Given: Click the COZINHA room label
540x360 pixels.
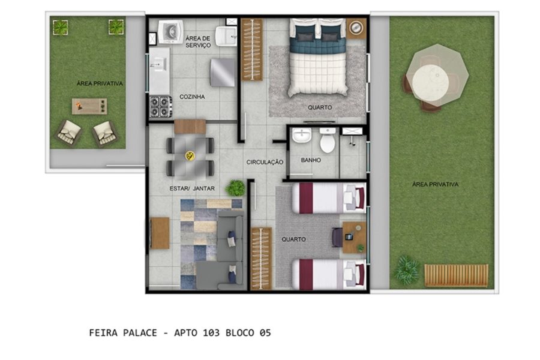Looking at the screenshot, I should pyautogui.click(x=192, y=97).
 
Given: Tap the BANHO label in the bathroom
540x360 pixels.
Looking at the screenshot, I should pyautogui.click(x=311, y=160).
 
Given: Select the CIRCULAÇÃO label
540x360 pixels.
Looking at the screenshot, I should pyautogui.click(x=264, y=162).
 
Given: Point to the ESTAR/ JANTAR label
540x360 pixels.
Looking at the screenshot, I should pyautogui.click(x=192, y=188).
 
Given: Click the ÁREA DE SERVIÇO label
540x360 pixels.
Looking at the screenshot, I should pyautogui.click(x=197, y=41).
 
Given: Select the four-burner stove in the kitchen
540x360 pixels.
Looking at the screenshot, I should pyautogui.click(x=160, y=107).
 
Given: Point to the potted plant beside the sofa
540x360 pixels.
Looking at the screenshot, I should pyautogui.click(x=236, y=188).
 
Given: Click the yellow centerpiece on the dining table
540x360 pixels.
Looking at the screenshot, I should pyautogui.click(x=190, y=155).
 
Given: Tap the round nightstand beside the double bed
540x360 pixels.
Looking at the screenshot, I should pyautogui.click(x=357, y=27).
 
